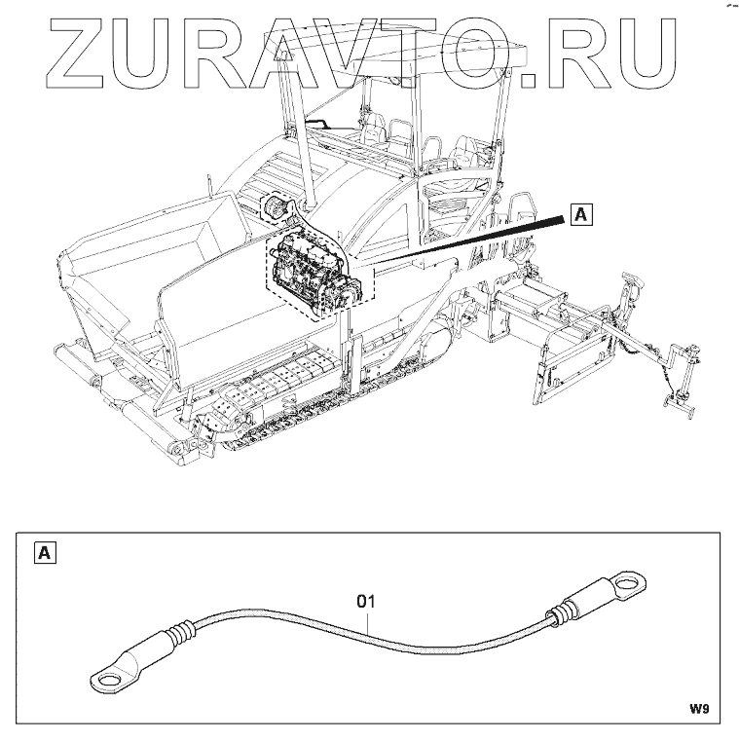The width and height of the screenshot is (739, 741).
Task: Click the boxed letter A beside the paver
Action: click(580, 214)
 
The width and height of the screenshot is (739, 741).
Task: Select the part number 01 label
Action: click(366, 601)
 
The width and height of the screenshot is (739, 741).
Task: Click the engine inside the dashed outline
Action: click(316, 273)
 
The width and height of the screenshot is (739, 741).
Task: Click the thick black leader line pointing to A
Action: click(467, 243)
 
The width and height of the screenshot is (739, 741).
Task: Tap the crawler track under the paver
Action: click(292, 414)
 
